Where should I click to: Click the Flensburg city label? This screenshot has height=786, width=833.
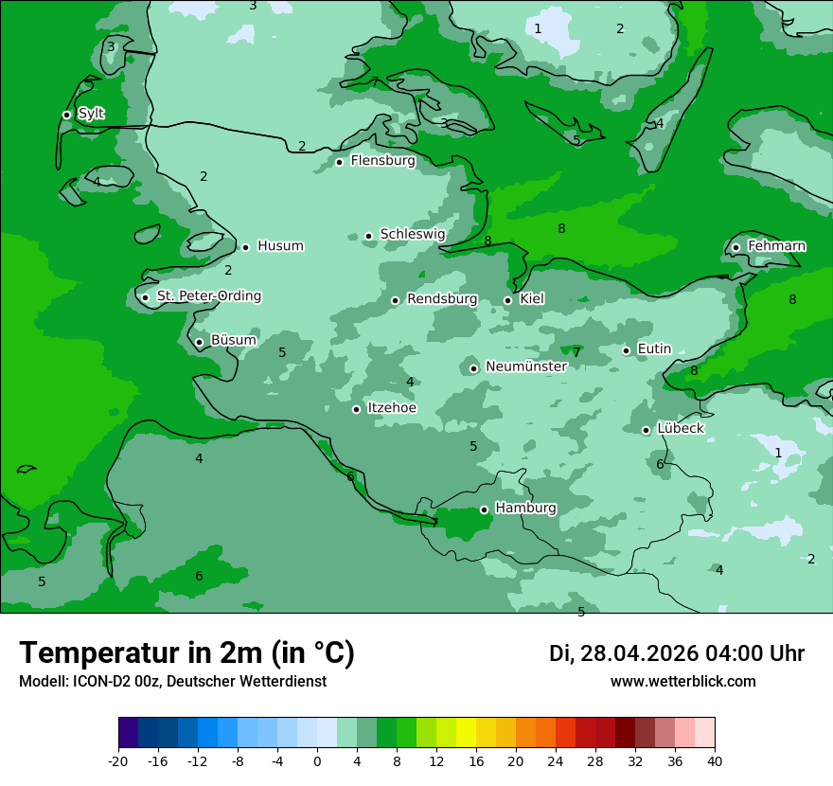coord(382,161)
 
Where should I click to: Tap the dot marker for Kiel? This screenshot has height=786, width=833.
coord(507,300)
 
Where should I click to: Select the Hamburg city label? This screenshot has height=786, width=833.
coord(525,509)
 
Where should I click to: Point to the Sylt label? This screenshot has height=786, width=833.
coord(91,114)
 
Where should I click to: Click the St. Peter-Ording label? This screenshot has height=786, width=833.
coord(208,296)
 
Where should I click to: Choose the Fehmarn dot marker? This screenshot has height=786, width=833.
coord(736,247)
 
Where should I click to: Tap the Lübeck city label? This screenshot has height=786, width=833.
coord(680,429)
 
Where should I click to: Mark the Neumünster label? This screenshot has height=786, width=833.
coord(525,366)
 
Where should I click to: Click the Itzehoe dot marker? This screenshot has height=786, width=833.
coord(356,409)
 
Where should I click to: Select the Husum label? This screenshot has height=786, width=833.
coord(280,246)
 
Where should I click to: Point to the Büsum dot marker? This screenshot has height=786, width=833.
coord(199,342)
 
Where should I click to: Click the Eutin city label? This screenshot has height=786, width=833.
coord(654,349)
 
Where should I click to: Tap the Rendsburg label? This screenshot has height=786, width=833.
coord(441,299)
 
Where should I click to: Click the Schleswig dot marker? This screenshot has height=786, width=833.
coord(368,236)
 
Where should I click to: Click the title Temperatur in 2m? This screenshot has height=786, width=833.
coord(186,652)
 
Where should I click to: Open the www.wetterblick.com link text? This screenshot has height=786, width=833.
coord(682,682)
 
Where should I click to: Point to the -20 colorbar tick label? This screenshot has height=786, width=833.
coord(118,760)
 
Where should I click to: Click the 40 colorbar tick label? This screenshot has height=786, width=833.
coord(714,760)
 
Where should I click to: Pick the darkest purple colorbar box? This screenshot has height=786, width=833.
coord(128,733)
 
